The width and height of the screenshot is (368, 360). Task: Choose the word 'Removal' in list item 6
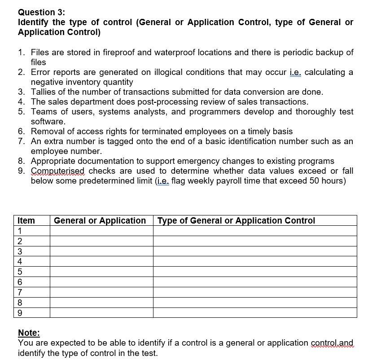point(46,132)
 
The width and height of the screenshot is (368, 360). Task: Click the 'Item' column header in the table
point(26,220)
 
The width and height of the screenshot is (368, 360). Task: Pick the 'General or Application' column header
point(100,220)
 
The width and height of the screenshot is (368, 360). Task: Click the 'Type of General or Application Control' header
point(237,220)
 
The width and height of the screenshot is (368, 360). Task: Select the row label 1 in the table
point(20,231)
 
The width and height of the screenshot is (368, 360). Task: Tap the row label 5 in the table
point(20,272)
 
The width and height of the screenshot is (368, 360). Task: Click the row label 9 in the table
point(20,312)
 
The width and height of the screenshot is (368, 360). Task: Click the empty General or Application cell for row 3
point(101,251)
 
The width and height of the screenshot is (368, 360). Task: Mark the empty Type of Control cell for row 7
point(255,292)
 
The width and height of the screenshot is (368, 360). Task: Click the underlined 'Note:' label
point(29,333)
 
